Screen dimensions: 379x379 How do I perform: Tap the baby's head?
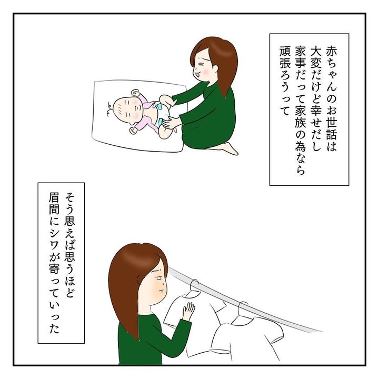point(127,109)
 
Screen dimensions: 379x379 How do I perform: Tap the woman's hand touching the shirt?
point(188,311)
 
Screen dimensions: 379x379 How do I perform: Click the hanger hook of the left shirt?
point(195,285)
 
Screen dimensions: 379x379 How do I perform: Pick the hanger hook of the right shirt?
point(243,308)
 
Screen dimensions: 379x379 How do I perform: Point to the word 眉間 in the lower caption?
point(54,204)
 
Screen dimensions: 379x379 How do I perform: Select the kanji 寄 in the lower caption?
point(54,270)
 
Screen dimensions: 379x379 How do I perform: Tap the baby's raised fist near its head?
point(135,93)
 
